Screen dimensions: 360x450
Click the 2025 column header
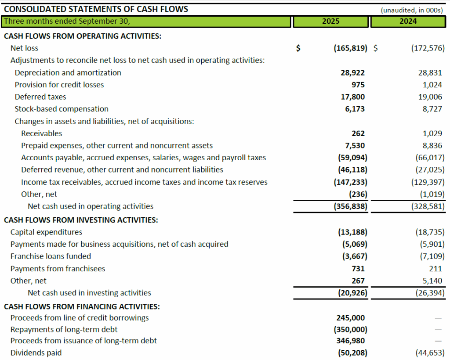coord(330,21)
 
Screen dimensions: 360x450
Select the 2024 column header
coord(408,21)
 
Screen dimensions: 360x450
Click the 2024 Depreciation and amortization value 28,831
coord(430,73)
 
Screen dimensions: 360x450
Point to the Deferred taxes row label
coord(40,97)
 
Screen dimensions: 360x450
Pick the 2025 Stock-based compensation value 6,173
coord(355,109)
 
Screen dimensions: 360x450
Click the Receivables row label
coord(42,133)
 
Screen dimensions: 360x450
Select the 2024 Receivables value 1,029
coord(432,133)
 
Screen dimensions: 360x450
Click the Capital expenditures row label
coord(46,232)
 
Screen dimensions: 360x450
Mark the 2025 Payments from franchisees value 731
coord(358,269)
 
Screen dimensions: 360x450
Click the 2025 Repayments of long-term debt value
coord(352,329)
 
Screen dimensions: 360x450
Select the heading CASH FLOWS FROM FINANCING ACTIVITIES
coord(82,306)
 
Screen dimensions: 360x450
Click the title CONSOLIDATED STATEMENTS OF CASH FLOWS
coord(96,9)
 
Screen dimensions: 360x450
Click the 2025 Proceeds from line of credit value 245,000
coord(352,318)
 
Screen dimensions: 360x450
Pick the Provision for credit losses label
coord(59,85)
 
